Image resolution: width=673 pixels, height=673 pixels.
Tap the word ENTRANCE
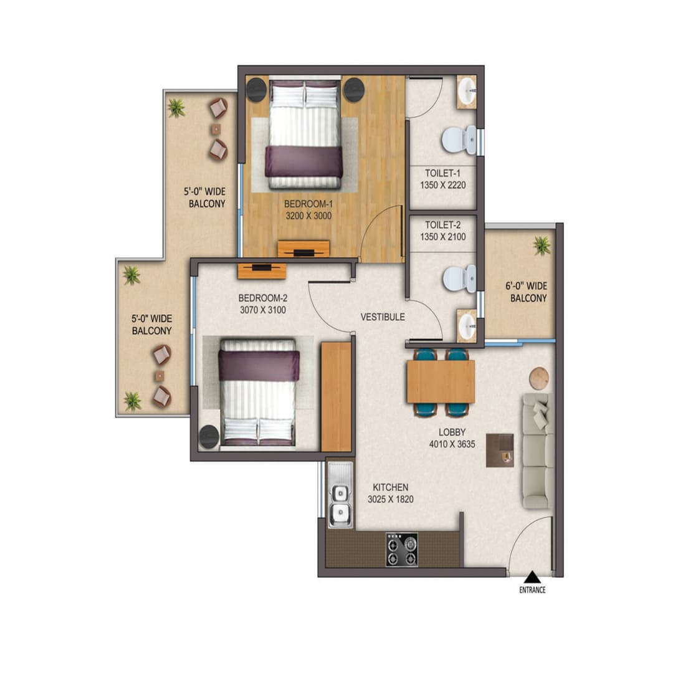(x=532, y=589)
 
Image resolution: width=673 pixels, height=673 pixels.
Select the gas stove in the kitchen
(x=401, y=550)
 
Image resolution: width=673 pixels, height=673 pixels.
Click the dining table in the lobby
(x=441, y=381)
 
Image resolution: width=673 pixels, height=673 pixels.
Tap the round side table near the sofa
(x=539, y=378)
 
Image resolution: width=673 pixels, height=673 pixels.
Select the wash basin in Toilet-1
(x=466, y=93)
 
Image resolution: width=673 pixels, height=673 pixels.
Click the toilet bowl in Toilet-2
(x=460, y=279)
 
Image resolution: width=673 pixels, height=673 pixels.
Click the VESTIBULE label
(x=383, y=317)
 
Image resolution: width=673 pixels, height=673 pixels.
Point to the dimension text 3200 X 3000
(x=308, y=216)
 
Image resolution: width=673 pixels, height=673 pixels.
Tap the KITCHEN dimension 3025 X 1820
(x=390, y=499)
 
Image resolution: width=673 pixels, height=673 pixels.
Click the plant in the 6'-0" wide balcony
(x=542, y=246)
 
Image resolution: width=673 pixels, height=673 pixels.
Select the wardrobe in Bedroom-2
(x=336, y=396)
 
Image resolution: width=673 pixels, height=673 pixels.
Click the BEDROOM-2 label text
(x=262, y=297)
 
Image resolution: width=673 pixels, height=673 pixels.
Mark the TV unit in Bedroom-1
(x=303, y=249)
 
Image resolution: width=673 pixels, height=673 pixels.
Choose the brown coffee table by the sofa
(x=500, y=450)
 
